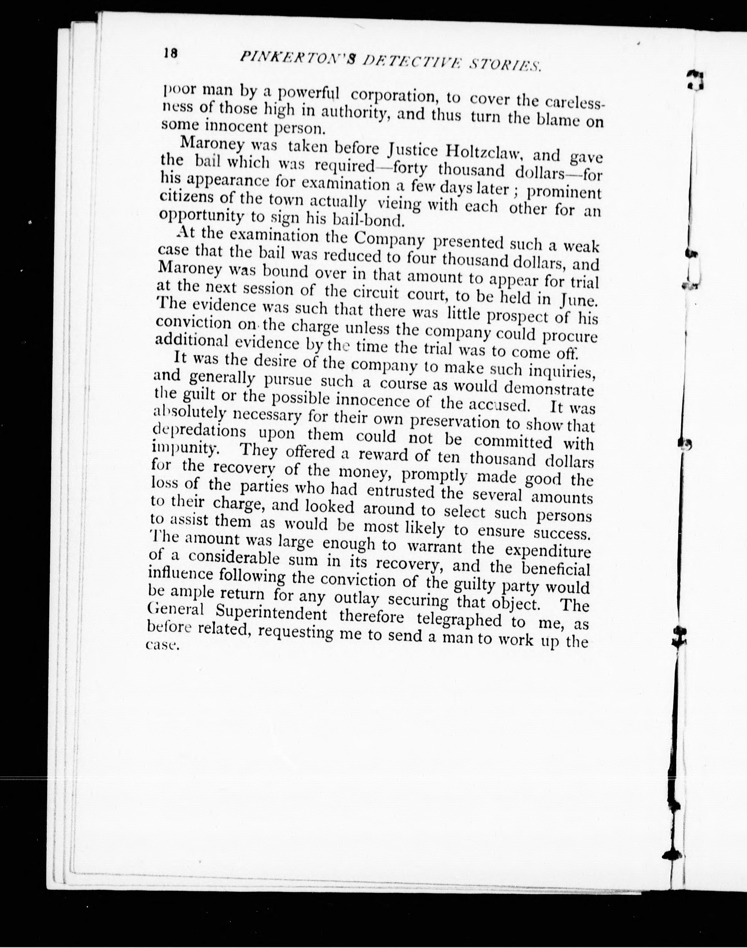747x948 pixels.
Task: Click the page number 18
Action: (x=171, y=53)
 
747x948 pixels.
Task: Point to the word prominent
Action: (x=564, y=193)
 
